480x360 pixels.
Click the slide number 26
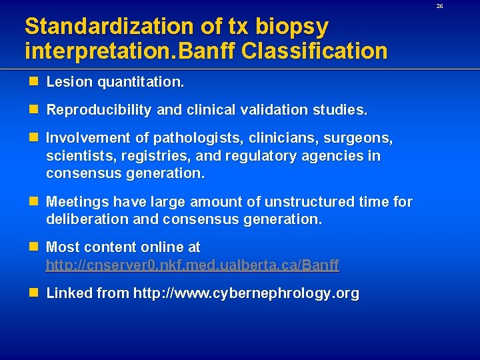(439, 6)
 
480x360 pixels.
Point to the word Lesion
(69, 83)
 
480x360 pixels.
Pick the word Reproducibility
(99, 110)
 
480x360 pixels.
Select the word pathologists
(198, 138)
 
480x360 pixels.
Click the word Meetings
(77, 201)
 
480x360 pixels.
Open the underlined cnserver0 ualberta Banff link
(193, 265)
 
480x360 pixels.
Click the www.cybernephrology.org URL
(246, 293)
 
